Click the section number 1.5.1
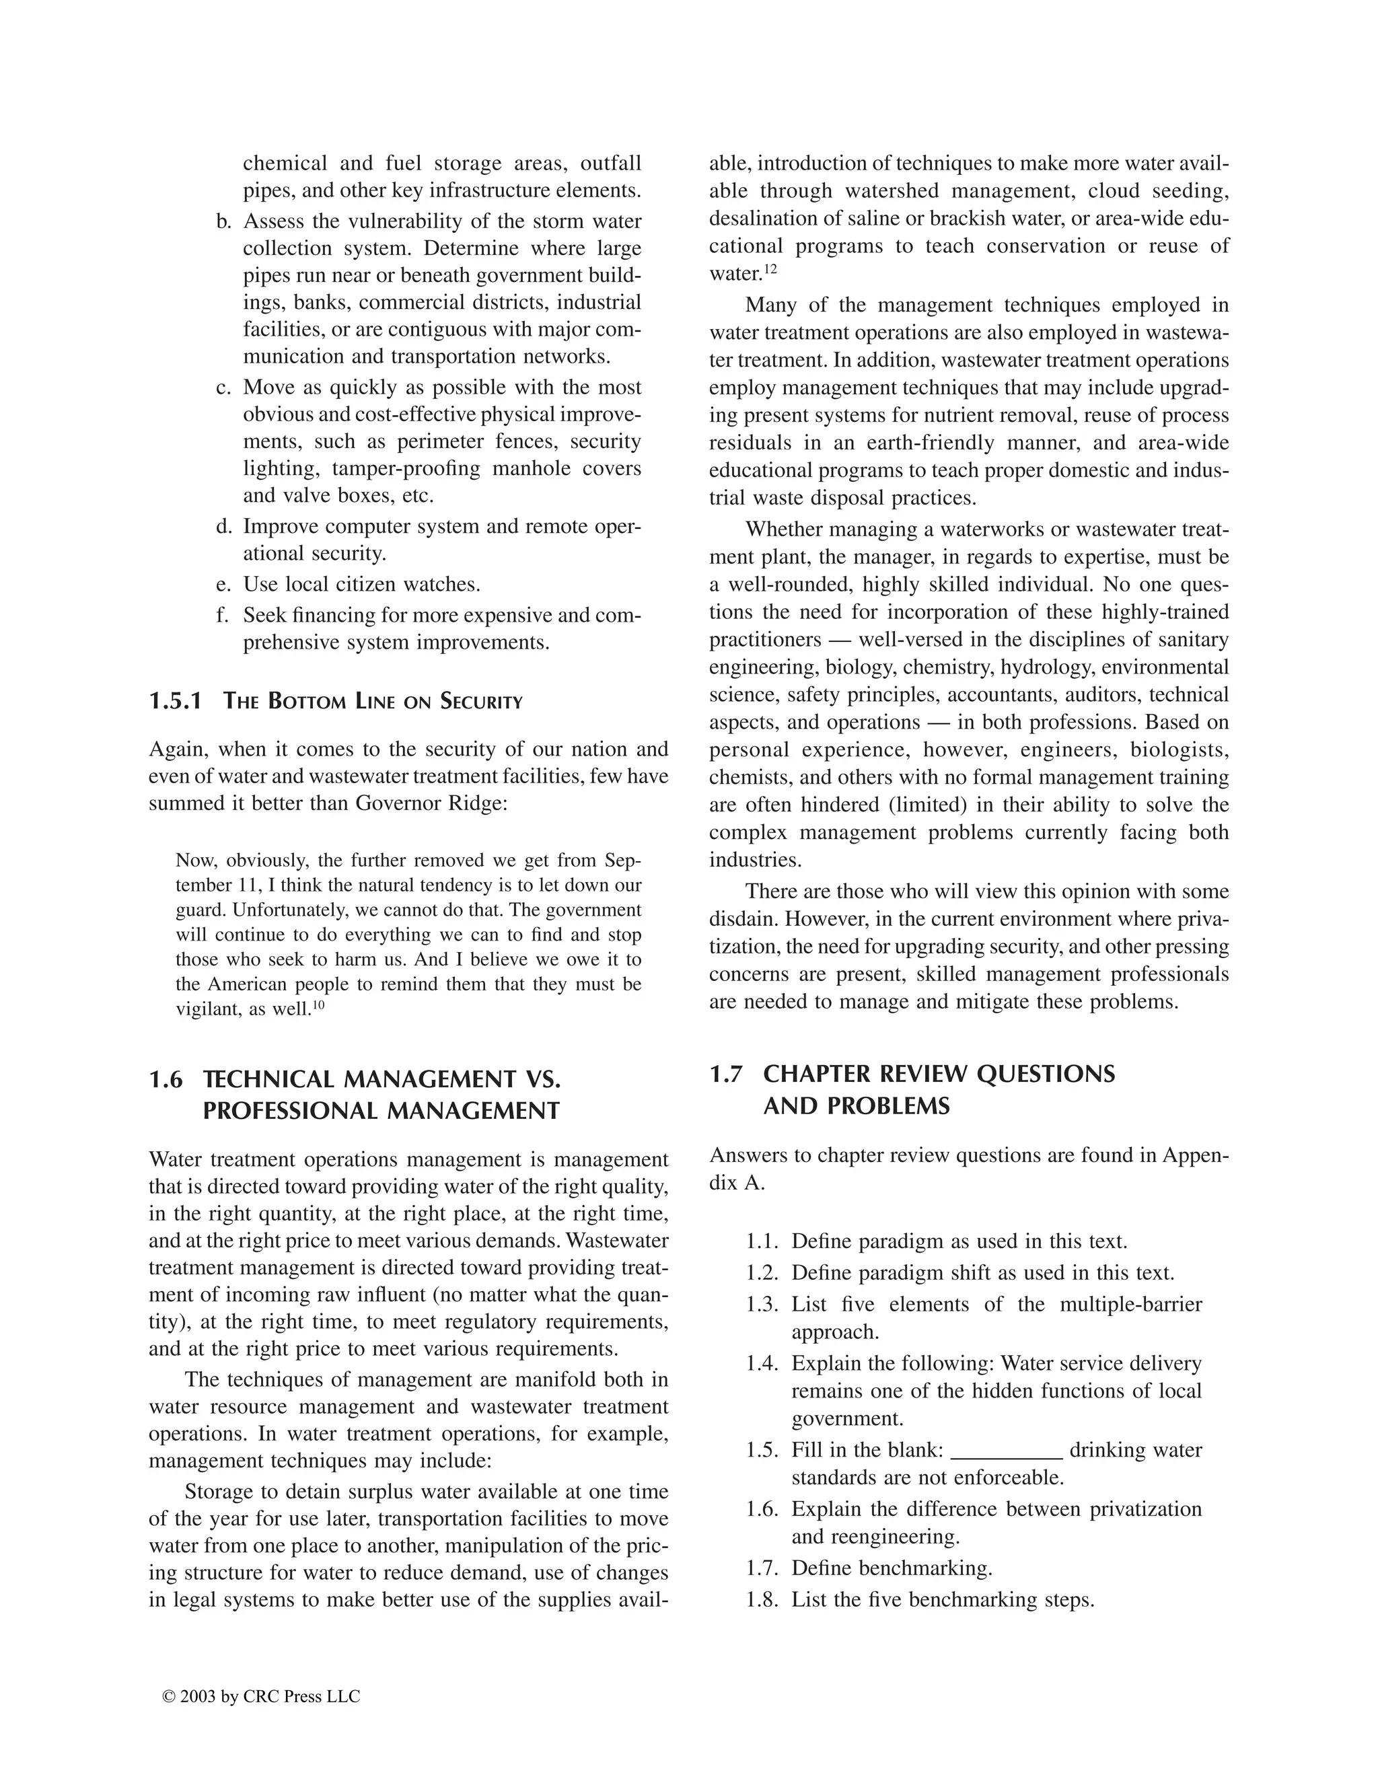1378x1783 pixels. pyautogui.click(x=175, y=701)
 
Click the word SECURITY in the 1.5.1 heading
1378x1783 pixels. pyautogui.click(x=481, y=702)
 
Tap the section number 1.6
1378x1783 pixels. pyautogui.click(x=166, y=1079)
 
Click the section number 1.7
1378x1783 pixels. pyautogui.click(x=726, y=1074)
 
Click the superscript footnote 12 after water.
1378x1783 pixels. pyautogui.click(x=770, y=268)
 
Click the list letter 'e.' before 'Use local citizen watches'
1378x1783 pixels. pyautogui.click(x=223, y=585)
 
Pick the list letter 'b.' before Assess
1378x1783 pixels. pyautogui.click(x=223, y=221)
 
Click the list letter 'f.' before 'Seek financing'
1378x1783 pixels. pyautogui.click(x=223, y=616)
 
